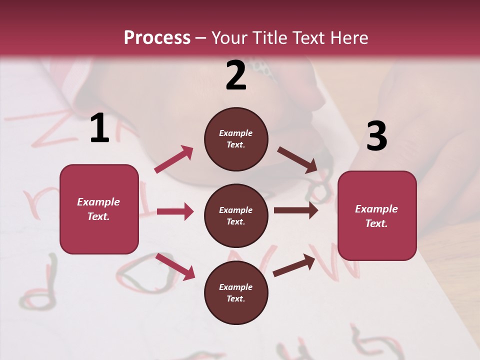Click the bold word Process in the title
(157, 37)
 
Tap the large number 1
(99, 128)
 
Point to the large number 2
(236, 75)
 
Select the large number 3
(376, 136)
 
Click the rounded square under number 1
(99, 209)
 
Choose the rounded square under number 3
(377, 215)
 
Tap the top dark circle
(236, 139)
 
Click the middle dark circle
(236, 215)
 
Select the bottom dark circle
(236, 292)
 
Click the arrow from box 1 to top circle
(174, 159)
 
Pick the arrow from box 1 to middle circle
(175, 211)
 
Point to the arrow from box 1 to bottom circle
(175, 266)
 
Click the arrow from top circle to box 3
(297, 159)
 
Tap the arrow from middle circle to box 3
(296, 210)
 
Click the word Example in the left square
(98, 202)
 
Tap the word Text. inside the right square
(376, 223)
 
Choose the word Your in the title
(229, 37)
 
